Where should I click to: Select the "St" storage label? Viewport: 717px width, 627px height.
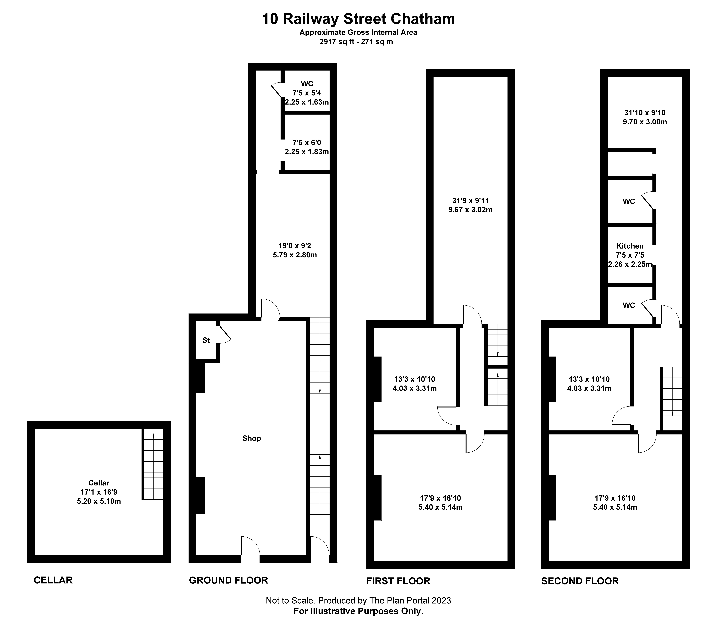click(206, 340)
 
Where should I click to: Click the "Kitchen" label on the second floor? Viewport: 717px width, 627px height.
click(630, 246)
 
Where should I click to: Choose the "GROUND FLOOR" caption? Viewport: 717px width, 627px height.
click(228, 580)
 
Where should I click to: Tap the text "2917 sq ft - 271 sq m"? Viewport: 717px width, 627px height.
click(356, 42)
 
